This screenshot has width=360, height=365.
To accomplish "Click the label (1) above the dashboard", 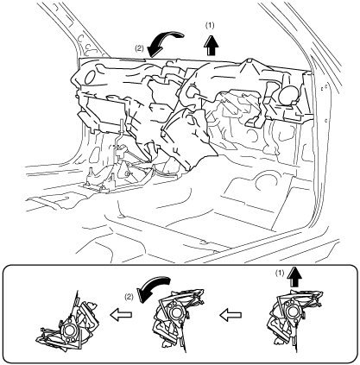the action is click(210, 26).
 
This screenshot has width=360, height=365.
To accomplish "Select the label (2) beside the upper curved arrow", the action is click(140, 48).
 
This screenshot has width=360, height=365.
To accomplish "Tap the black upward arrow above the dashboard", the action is click(212, 45).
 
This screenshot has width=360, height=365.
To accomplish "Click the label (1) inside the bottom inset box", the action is click(280, 273).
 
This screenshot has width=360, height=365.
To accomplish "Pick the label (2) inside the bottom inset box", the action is click(129, 297).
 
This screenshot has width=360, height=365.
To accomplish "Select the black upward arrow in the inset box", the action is click(294, 276).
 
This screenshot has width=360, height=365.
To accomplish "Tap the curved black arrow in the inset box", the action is click(155, 287).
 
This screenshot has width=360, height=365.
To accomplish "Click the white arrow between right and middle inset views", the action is click(231, 315).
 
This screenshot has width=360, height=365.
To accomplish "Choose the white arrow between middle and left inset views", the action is click(121, 315).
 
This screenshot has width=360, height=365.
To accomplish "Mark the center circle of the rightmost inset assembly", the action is click(294, 311).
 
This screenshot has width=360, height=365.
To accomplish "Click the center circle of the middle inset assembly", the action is click(174, 312).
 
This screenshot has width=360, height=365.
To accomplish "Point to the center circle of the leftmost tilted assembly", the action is click(70, 330).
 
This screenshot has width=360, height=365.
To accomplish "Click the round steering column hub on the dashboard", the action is click(190, 92).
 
